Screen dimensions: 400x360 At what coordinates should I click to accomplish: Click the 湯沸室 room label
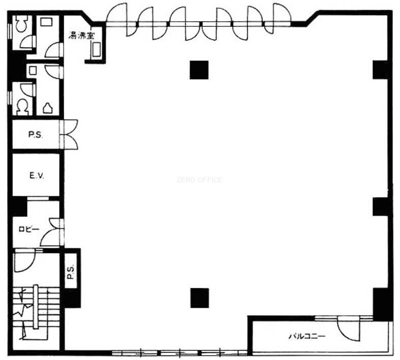coord(81,35)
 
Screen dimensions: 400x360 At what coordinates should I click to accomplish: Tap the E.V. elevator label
coord(37,175)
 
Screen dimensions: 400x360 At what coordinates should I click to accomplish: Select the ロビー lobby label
coord(29,229)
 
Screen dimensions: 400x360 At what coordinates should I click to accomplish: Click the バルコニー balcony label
coord(307,336)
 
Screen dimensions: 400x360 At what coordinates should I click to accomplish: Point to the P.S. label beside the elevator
coord(35,135)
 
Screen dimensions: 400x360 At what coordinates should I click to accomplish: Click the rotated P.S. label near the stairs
coord(71,272)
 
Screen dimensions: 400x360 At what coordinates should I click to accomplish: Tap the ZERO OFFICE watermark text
coord(199,180)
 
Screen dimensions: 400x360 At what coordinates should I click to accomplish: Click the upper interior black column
coord(199,70)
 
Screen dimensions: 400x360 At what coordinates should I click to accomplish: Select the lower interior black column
coord(199,298)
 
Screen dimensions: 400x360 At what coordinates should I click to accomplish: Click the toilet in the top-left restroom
coord(21,23)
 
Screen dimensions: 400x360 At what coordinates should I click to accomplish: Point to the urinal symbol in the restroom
coord(48,108)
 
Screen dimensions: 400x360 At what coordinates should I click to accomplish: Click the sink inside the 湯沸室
coord(97,49)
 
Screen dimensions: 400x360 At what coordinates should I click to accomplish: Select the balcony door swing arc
coord(348,329)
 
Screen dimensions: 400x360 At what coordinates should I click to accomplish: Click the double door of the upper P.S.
coord(69,134)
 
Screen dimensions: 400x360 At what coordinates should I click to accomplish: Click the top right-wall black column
coord(381,70)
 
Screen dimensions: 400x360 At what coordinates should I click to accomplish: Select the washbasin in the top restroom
coord(46,21)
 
